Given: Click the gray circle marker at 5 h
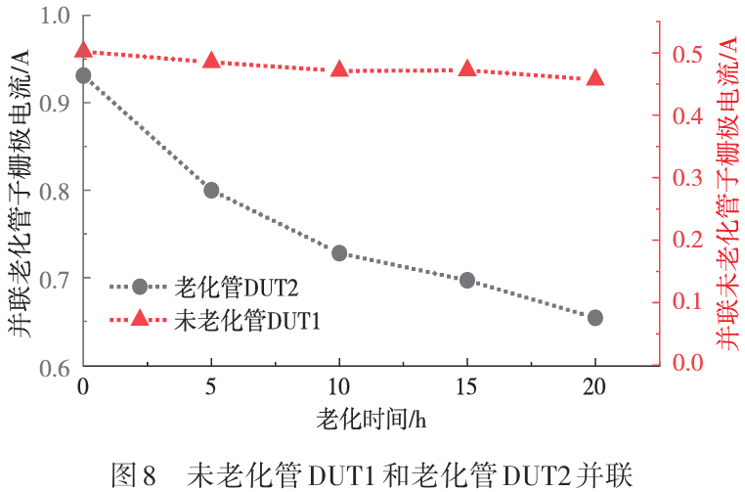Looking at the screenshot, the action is (211, 190).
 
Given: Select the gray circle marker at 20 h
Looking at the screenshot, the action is (595, 318).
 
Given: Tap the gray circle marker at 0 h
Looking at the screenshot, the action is (84, 75).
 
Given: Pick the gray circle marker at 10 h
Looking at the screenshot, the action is (339, 253).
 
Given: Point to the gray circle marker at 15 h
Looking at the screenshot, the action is (467, 280).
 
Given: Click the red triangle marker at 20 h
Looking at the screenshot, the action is (595, 77).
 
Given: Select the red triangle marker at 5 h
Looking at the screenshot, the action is (211, 61).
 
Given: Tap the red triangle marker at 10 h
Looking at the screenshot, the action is (339, 68).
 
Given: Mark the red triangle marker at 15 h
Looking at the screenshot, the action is (467, 68).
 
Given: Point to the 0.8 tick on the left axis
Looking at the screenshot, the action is (85, 190).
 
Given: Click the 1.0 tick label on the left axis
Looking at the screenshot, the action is (55, 16).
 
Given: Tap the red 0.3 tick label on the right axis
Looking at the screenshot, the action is (687, 178).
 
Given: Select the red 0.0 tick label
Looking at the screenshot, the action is (687, 362).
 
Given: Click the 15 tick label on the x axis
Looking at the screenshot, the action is (466, 387).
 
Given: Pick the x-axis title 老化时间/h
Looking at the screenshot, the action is (372, 419).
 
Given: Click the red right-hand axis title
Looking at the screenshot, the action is (728, 195).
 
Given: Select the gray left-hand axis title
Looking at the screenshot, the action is (19, 194).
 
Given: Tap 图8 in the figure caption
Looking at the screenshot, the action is (134, 475).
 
